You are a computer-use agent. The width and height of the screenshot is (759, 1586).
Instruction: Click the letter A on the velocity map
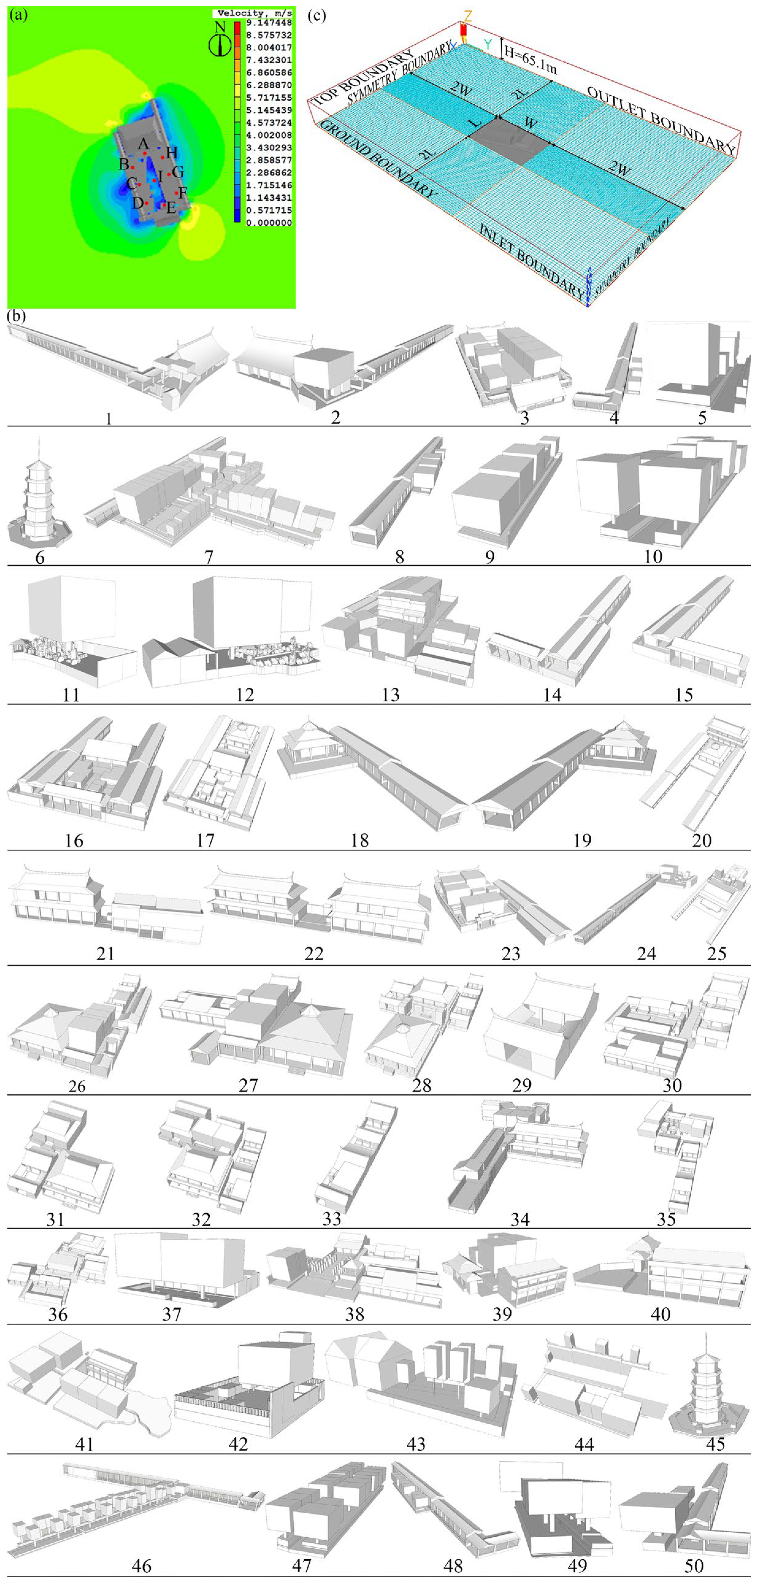tap(143, 144)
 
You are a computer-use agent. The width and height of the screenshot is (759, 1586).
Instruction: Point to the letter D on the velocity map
tap(137, 202)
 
